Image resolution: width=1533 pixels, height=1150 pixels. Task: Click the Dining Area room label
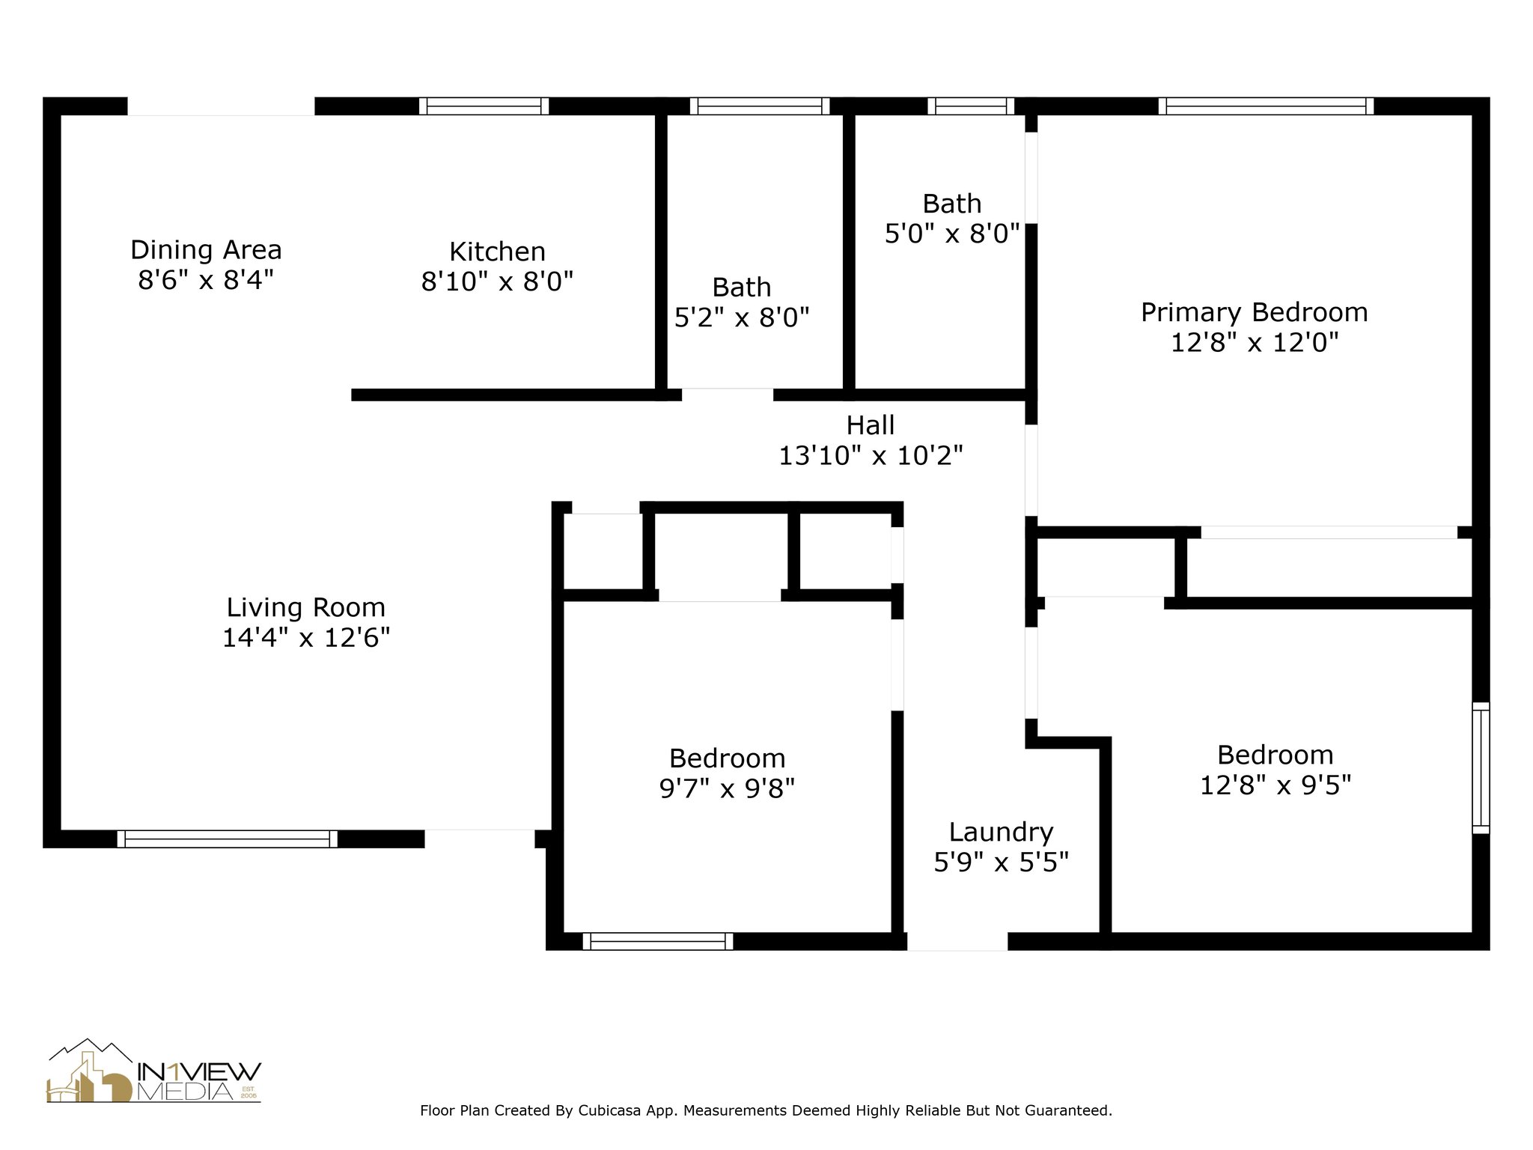pos(206,249)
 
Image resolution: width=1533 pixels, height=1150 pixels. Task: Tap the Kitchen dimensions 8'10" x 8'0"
pos(497,282)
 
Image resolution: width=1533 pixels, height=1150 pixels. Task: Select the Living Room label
pos(306,608)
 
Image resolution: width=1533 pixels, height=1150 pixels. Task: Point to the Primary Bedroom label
pos(1254,313)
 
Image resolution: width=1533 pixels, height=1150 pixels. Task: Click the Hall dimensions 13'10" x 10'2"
pos(871,455)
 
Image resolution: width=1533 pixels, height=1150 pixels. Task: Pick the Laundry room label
pos(1001,833)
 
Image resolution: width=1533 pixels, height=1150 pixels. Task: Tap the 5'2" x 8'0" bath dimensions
pos(742,318)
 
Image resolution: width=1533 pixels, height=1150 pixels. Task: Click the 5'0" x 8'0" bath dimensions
pos(952,234)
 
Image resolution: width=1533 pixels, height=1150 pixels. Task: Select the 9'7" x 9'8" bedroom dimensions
pos(727,788)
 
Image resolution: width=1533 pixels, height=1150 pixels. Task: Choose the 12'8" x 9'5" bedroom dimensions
pos(1276,785)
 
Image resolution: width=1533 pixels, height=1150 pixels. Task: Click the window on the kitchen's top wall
pos(484,106)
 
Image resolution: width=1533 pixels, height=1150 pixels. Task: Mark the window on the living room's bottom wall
pos(227,839)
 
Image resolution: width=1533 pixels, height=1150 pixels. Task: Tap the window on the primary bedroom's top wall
pos(1266,106)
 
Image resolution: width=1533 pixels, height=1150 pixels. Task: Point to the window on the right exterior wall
pos(1481,767)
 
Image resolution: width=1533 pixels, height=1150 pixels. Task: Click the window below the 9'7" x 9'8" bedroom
pos(658,942)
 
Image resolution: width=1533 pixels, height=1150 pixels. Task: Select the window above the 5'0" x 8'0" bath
pos(971,106)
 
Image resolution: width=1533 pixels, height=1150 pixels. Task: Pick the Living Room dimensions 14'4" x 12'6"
pos(306,638)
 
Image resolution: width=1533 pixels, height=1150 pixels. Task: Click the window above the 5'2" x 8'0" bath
pos(760,106)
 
